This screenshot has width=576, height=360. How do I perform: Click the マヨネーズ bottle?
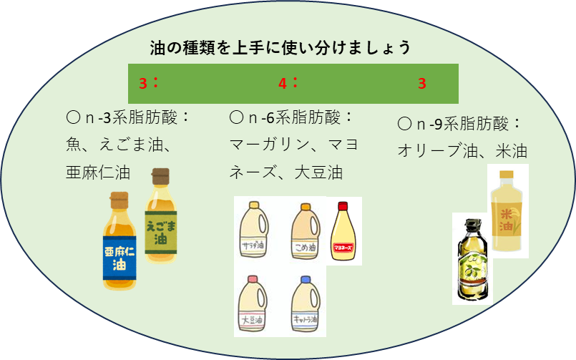tap(346, 233)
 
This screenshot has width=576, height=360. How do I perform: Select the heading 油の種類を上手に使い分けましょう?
tap(280, 48)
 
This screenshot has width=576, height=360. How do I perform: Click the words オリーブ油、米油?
tap(462, 152)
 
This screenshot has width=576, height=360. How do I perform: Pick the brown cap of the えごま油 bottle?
tap(161, 175)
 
